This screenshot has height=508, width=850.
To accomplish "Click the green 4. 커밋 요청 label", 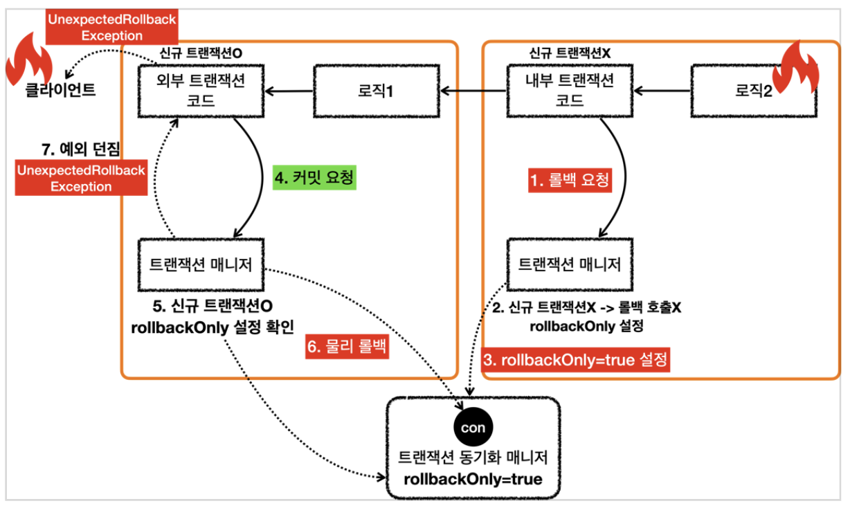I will click(x=314, y=178).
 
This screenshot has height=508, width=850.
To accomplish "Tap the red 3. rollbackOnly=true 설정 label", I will click(x=575, y=361).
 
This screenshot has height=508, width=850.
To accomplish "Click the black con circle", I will click(x=473, y=428).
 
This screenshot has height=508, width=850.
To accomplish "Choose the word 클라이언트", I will click(x=51, y=91).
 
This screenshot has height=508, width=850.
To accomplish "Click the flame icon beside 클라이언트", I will click(x=28, y=61).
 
